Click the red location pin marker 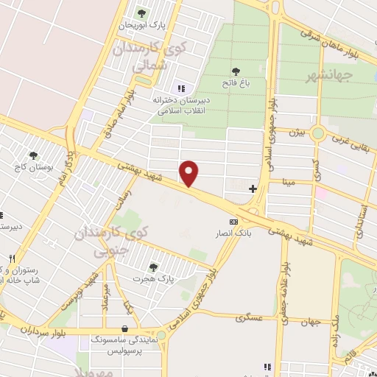coord(190,172)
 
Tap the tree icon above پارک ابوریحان coord(142,13)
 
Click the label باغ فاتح coord(236,83)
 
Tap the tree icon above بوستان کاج coord(34,155)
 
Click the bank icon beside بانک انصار coord(233,222)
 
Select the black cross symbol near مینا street coord(253,188)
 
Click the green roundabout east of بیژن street coord(318,133)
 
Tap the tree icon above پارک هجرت coord(152,267)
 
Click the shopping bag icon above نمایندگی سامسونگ coord(124,328)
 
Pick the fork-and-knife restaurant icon coord(12,259)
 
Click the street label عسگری coord(250,318)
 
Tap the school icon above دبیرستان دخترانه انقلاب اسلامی coord(180,89)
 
